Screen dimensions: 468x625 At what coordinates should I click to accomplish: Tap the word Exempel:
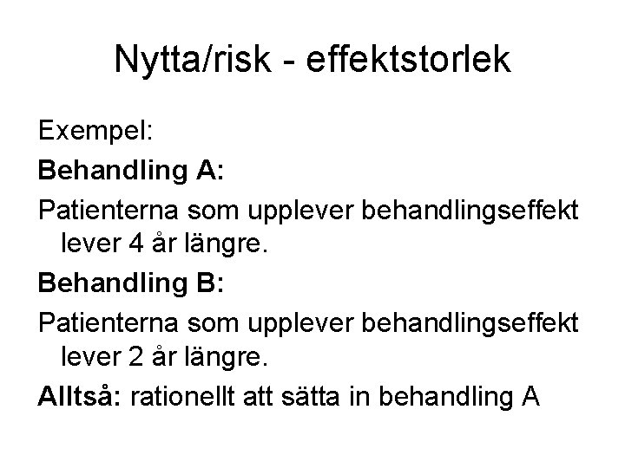95,133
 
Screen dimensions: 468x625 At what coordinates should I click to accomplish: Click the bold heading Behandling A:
131,171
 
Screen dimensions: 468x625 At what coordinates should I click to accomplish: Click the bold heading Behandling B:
131,283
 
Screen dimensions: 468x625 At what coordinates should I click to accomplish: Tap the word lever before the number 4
88,245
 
